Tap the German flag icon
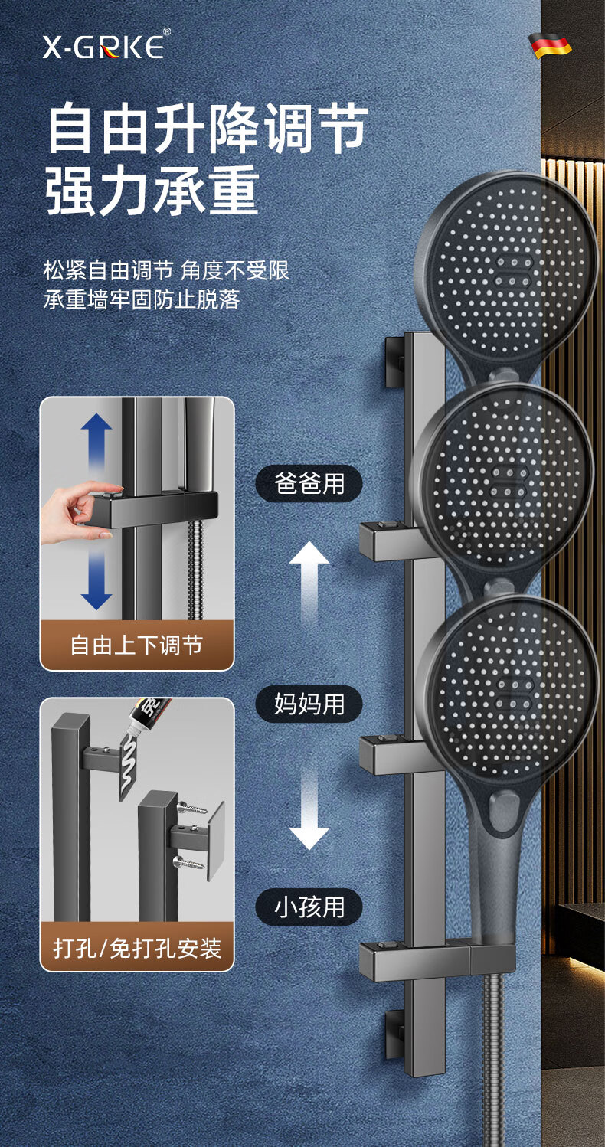tap(550, 46)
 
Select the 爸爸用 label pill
tap(309, 483)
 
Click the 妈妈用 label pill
tap(309, 703)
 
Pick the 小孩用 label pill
tap(309, 907)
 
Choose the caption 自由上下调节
tap(136, 645)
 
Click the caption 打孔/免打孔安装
tap(136, 949)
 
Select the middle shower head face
tap(505, 479)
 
